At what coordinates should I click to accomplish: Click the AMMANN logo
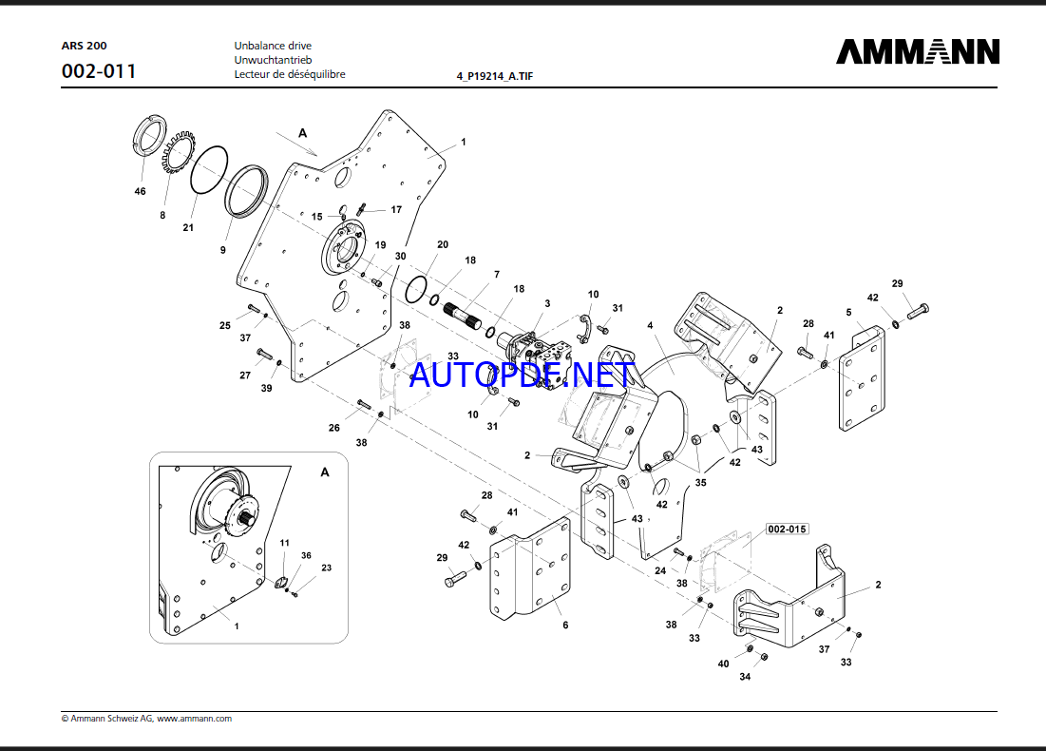click(917, 51)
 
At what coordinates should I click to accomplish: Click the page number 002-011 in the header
click(98, 71)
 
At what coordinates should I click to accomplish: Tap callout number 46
click(141, 192)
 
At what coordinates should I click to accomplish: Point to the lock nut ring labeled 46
click(146, 139)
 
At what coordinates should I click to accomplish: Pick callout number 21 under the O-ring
click(188, 227)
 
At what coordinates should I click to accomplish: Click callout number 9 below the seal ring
click(223, 250)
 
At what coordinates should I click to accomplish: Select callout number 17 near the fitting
click(396, 209)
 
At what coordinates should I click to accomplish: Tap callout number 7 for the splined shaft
click(495, 275)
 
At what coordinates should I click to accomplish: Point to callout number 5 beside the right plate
click(848, 312)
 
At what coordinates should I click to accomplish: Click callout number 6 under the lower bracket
click(565, 625)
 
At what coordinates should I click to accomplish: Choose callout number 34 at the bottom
click(745, 677)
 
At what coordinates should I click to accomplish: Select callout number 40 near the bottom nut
click(723, 664)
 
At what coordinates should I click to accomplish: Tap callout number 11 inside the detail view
click(283, 543)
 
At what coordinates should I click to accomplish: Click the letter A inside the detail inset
click(324, 472)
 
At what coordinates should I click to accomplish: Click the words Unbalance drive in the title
click(273, 46)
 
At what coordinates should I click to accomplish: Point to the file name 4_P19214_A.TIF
click(495, 76)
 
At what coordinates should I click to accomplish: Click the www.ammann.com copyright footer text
click(146, 719)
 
